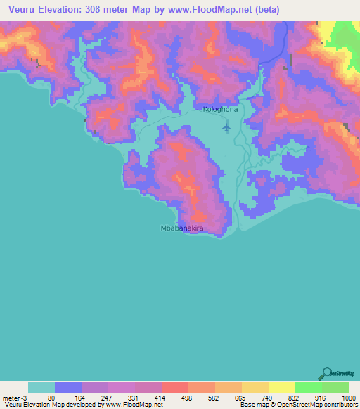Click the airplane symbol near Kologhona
(226, 126)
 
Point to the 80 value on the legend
(51, 397)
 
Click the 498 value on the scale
(186, 397)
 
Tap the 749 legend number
(266, 397)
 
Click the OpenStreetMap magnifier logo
(326, 373)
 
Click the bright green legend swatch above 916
(308, 387)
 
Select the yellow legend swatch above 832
(281, 387)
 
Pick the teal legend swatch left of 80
(41, 387)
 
